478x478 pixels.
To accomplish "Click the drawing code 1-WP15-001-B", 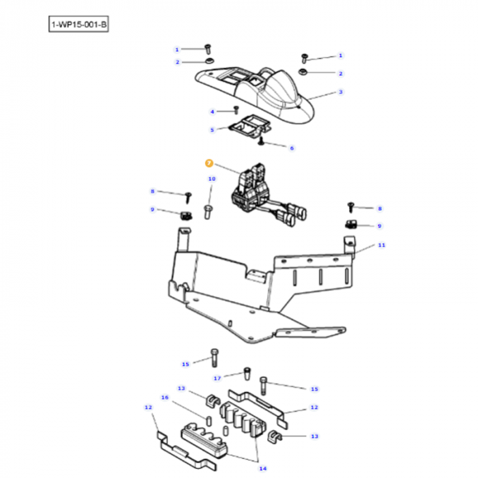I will (79, 25).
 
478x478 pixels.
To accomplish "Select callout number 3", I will (341, 92).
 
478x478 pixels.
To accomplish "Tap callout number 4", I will (212, 111).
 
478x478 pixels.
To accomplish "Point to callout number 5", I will (212, 129).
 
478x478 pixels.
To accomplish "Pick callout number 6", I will (292, 147).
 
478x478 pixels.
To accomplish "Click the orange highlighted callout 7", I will (210, 163).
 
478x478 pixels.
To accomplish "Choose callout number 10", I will (212, 179).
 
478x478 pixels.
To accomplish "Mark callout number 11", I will (382, 244).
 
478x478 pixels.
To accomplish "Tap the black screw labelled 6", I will (262, 142).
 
